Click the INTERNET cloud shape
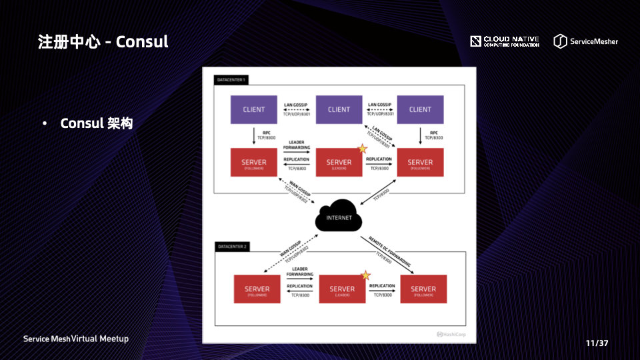coord(338,216)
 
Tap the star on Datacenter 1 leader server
coord(363,149)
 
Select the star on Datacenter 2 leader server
coord(365,275)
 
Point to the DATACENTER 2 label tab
coord(232,247)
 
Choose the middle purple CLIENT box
coord(339,109)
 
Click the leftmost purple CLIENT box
coord(253,109)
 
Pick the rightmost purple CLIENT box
coord(420,109)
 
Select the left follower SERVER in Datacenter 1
coord(253,163)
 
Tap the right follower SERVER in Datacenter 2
coord(423,289)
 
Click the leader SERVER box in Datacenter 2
coord(342,289)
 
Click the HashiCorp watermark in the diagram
coord(453,334)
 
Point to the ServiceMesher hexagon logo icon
coord(560,41)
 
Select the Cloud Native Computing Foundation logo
coord(505,41)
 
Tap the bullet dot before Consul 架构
coord(45,124)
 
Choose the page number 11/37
coord(597,343)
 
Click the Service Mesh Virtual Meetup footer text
coord(76,339)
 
